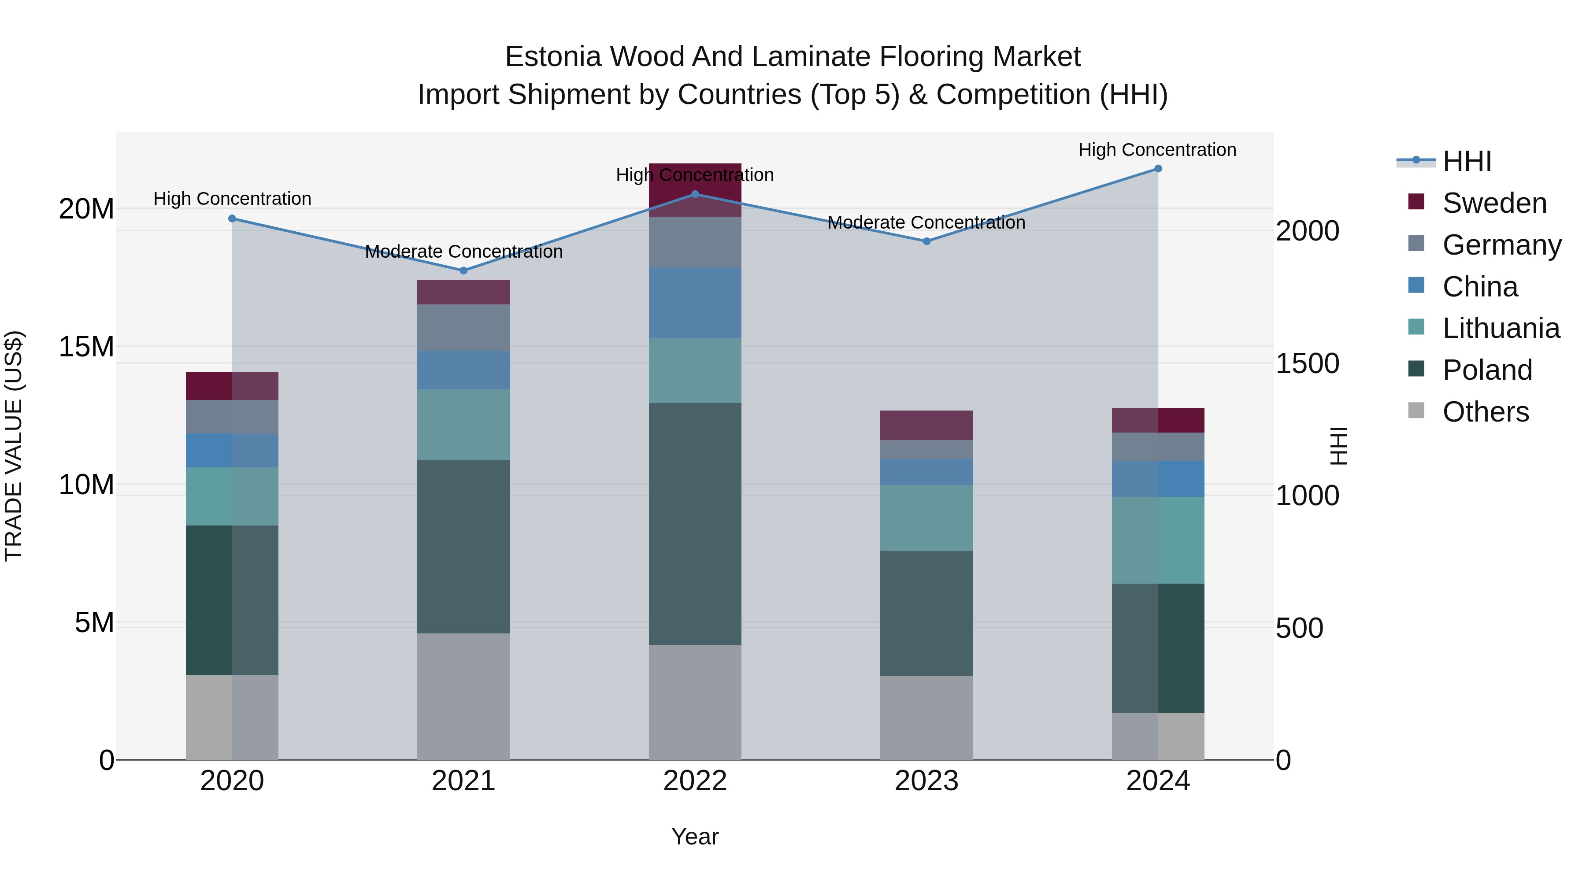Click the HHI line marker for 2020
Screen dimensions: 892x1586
232,218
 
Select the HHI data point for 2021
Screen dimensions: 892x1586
463,271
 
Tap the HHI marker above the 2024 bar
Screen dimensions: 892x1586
1158,169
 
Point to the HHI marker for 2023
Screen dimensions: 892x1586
926,241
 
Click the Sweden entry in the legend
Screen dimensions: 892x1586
1494,203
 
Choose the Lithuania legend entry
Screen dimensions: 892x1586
1501,328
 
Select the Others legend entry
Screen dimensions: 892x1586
1485,412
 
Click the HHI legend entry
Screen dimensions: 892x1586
1467,161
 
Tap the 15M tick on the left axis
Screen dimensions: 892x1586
86,347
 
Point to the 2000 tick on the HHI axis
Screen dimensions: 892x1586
1307,231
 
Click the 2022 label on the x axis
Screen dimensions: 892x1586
695,781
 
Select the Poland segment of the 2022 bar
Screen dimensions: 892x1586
695,523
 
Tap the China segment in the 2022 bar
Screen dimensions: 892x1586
695,303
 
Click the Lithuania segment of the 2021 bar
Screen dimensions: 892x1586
463,425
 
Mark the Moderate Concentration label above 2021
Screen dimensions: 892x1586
463,252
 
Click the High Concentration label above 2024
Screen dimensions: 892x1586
1157,150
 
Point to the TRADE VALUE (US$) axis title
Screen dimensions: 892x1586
14,446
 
